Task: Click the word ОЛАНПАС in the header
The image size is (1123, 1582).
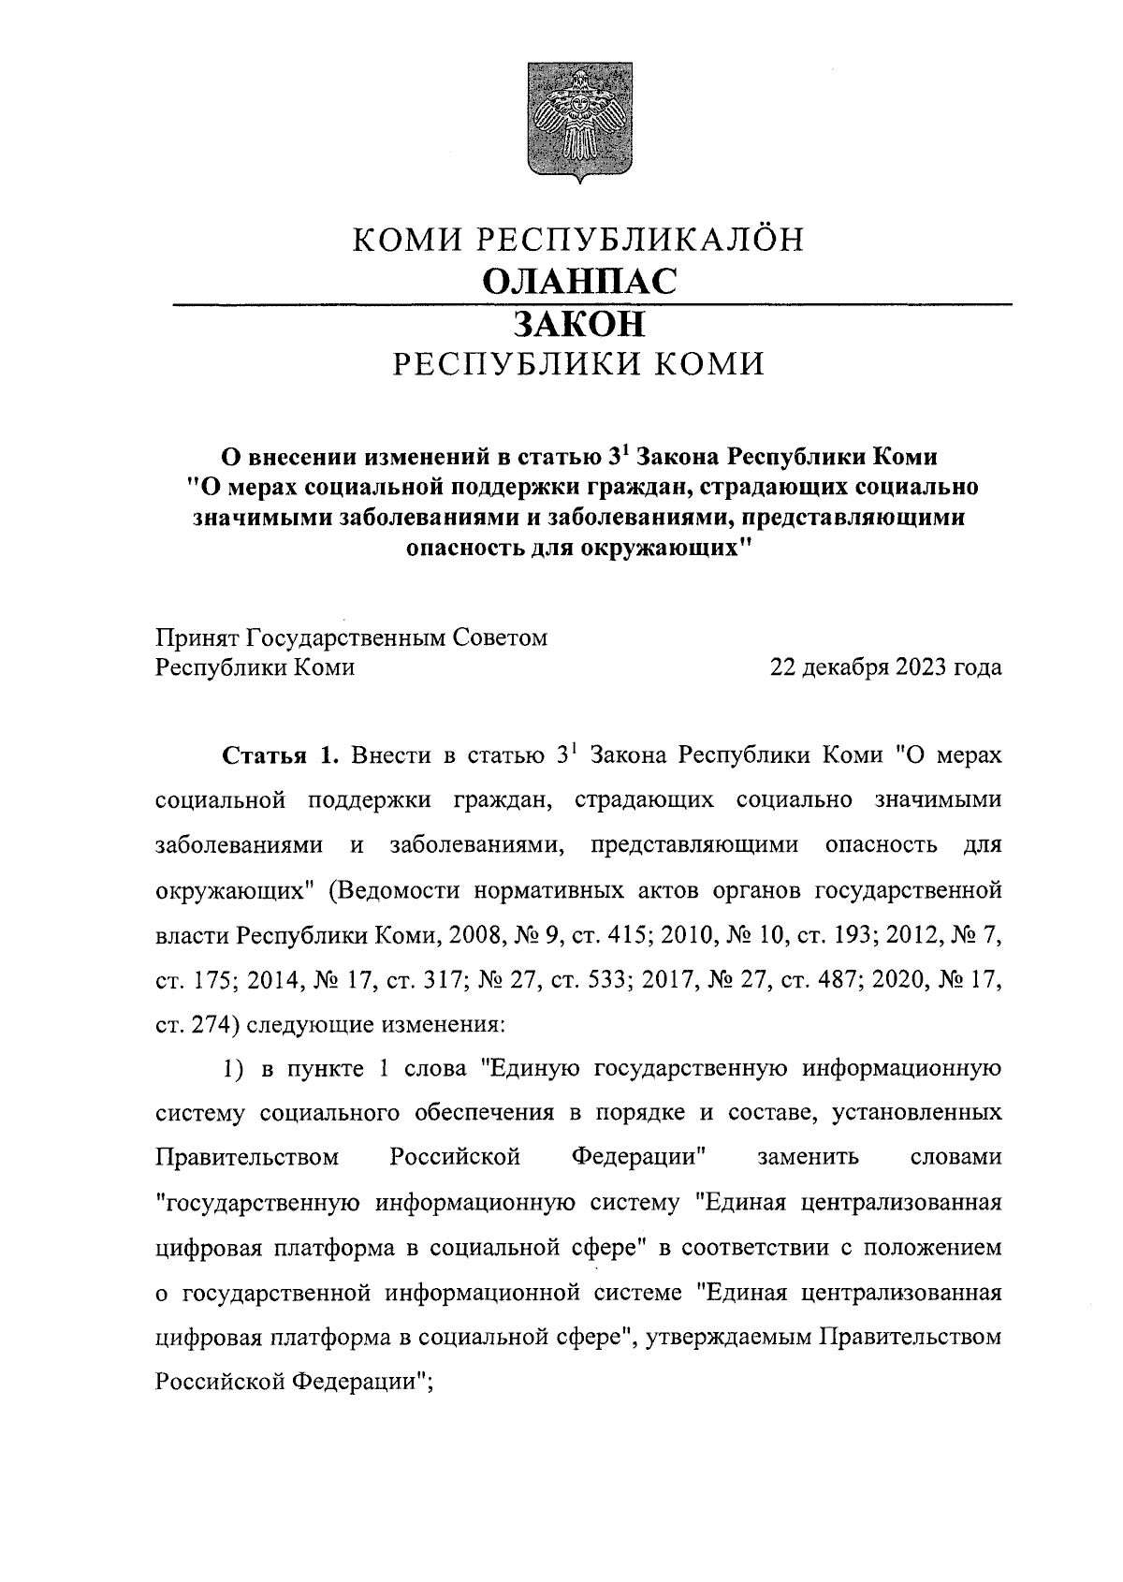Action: click(577, 281)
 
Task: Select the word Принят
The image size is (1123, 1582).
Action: click(196, 637)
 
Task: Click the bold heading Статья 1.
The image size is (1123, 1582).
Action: click(279, 756)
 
